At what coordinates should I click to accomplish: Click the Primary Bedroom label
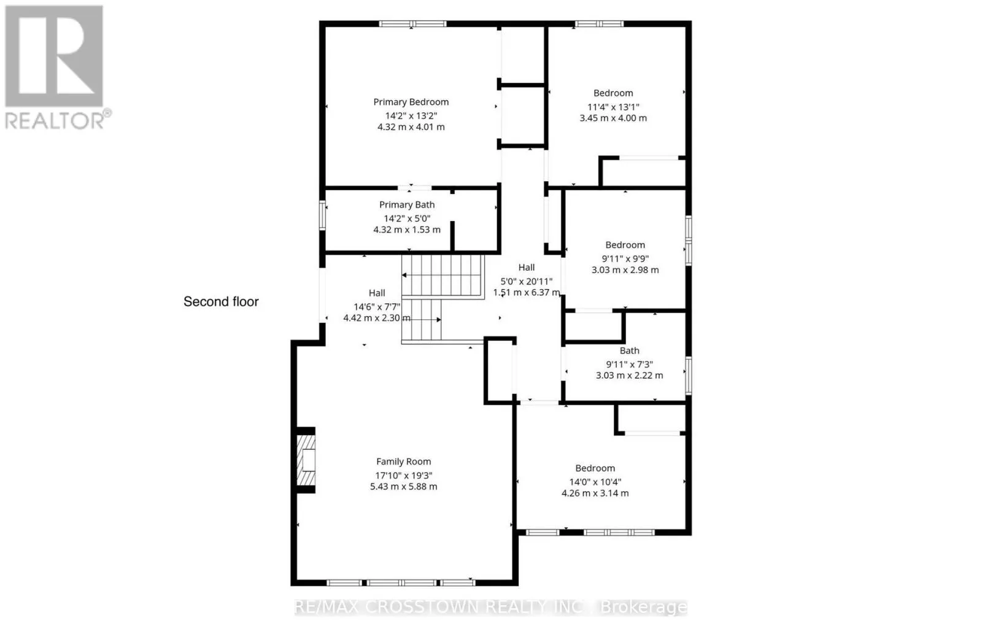411,102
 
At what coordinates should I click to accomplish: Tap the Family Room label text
403,462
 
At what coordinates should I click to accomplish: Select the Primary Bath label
407,205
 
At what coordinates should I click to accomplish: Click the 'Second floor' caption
221,302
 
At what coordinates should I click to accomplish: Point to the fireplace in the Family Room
306,460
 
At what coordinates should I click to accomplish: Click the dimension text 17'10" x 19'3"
403,475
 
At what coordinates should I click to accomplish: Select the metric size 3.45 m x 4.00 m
613,118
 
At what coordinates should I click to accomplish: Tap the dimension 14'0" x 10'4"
595,482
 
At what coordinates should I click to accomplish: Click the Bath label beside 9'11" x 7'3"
629,351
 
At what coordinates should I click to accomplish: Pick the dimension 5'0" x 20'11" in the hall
527,282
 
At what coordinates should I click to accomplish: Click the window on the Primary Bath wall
322,215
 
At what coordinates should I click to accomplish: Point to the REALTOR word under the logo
55,120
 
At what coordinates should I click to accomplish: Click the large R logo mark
54,56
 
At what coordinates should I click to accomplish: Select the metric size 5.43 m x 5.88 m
403,487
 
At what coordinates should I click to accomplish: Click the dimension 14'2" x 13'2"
411,116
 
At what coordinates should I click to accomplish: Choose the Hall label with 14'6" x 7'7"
377,293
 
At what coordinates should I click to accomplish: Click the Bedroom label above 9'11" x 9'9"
625,245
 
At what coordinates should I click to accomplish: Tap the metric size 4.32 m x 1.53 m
407,230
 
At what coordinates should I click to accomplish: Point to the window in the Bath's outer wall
689,376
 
